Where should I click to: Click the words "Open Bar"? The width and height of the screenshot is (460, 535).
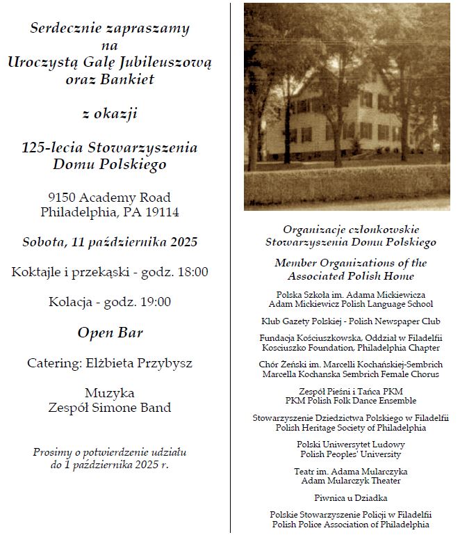(x=110, y=333)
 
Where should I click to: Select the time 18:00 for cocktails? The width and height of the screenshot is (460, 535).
(x=192, y=272)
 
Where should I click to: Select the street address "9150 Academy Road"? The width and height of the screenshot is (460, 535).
(x=110, y=198)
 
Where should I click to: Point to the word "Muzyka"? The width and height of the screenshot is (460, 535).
(x=110, y=393)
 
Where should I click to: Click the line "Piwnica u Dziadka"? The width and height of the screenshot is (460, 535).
(x=350, y=498)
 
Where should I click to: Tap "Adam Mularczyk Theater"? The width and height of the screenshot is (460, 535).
(x=350, y=481)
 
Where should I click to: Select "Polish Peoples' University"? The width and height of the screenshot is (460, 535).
(x=350, y=454)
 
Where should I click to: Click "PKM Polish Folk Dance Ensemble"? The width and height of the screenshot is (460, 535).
(x=350, y=401)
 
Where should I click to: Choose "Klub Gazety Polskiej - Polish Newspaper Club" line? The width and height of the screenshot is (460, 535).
(x=350, y=321)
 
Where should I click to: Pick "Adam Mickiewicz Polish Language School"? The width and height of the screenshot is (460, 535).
(x=350, y=304)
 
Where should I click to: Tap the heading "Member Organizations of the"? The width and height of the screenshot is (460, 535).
(x=350, y=263)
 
